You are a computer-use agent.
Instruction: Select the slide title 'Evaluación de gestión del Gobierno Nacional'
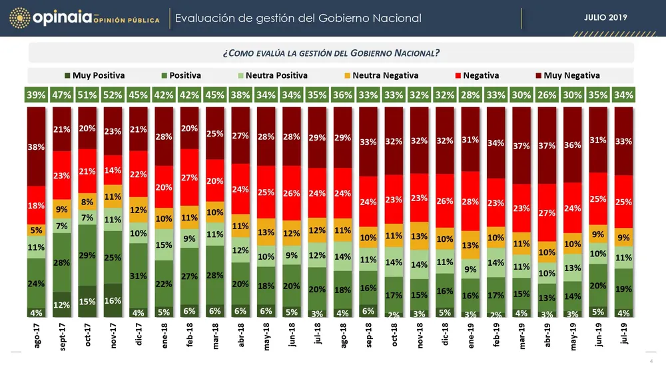pyautogui.click(x=298, y=18)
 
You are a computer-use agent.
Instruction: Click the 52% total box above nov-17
pyautogui.click(x=113, y=95)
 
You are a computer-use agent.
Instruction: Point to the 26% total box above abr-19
pyautogui.click(x=547, y=95)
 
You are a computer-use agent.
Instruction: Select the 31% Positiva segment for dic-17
pyautogui.click(x=139, y=276)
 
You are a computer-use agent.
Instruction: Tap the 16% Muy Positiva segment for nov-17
pyautogui.click(x=113, y=300)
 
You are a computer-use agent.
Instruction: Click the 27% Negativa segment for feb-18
pyautogui.click(x=190, y=177)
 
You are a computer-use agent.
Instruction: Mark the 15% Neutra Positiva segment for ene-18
pyautogui.click(x=164, y=245)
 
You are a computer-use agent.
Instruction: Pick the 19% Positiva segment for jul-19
pyautogui.click(x=624, y=288)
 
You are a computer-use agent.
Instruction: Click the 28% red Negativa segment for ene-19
pyautogui.click(x=470, y=200)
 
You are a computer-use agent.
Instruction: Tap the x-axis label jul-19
pyautogui.click(x=624, y=333)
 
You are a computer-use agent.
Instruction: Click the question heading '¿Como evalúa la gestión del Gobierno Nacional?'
pyautogui.click(x=331, y=53)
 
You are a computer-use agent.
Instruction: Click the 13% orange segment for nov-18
pyautogui.click(x=420, y=235)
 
